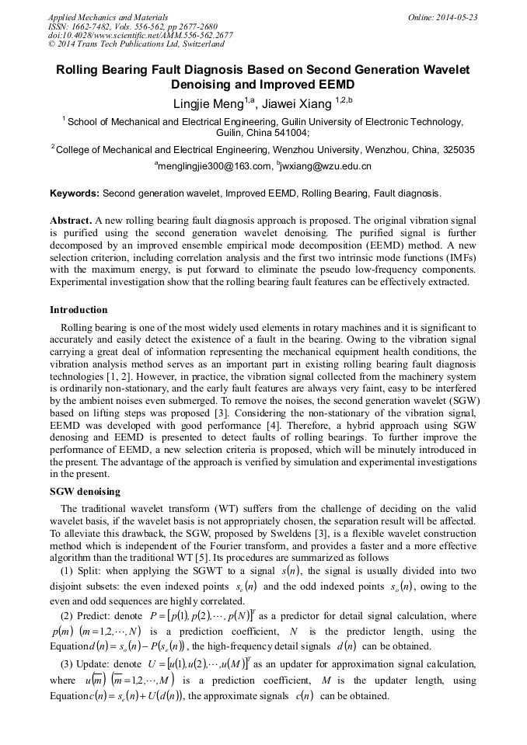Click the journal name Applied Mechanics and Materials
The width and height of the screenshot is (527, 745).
point(108,17)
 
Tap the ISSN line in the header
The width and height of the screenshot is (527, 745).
point(133,26)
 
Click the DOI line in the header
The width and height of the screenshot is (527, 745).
point(140,36)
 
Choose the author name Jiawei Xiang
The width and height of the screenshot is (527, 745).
point(298,103)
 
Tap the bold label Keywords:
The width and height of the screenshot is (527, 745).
point(75,193)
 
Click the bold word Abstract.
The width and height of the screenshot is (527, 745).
point(71,221)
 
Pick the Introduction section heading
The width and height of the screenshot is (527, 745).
point(79,310)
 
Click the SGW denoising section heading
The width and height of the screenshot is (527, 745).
point(86,493)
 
